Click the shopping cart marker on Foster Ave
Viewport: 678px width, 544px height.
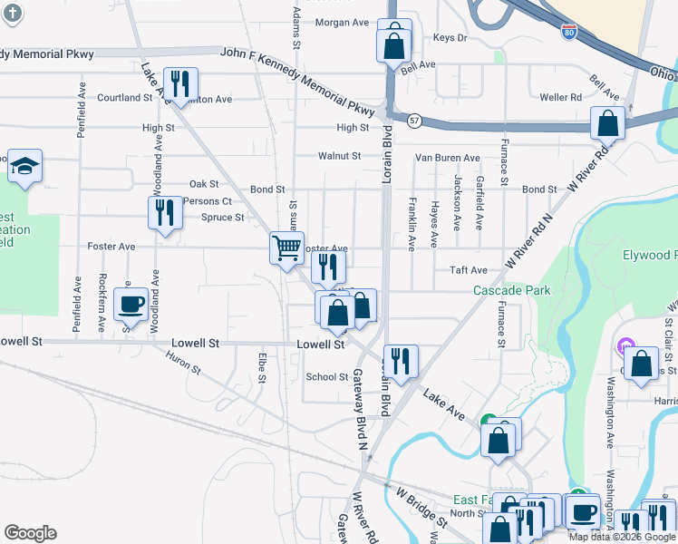[x=286, y=246]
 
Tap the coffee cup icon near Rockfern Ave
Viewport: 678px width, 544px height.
[x=131, y=304]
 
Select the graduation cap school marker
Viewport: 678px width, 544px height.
[x=25, y=166]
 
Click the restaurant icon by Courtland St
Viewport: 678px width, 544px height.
[x=179, y=84]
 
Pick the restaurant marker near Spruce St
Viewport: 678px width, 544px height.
[x=165, y=213]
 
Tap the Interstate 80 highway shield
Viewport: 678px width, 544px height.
[x=568, y=34]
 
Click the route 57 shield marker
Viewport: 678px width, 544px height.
[x=414, y=120]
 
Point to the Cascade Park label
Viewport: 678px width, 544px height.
[x=512, y=291]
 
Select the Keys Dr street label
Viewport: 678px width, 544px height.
[x=450, y=38]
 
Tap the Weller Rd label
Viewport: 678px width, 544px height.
[x=560, y=97]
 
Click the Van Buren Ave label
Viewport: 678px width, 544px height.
[x=446, y=158]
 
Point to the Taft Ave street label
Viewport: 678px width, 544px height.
[x=469, y=270]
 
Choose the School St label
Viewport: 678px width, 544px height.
[x=327, y=377]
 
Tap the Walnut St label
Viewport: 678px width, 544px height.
[x=339, y=156]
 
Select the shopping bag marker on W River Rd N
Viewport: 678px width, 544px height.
[x=607, y=122]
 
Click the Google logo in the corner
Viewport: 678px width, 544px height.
[x=30, y=533]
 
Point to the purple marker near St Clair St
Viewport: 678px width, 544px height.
[x=624, y=345]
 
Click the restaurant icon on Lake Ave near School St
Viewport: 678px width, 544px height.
[x=399, y=360]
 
